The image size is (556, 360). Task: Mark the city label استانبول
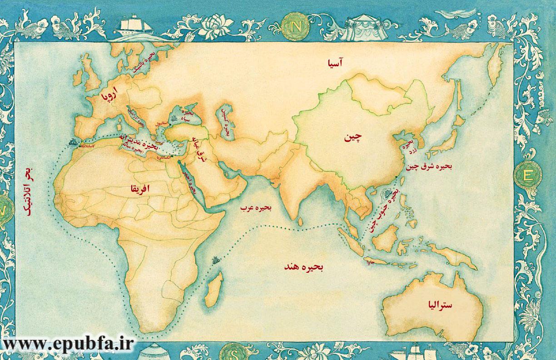pos(161,123)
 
